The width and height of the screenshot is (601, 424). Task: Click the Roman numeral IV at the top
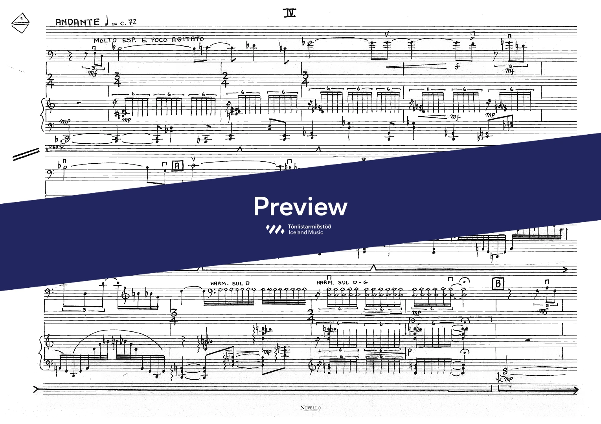coord(290,13)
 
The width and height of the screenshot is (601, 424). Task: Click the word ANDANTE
coord(77,22)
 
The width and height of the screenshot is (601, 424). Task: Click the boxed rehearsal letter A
coord(177,166)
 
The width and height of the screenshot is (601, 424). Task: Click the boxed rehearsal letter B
coord(498,283)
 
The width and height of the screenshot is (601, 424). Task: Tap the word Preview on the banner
coord(300,207)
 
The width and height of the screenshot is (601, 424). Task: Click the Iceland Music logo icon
coord(275,229)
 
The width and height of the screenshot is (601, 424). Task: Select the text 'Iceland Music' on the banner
coord(306,232)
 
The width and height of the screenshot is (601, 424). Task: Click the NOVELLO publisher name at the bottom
coord(310,408)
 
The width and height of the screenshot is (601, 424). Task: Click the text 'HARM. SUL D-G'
coord(342,283)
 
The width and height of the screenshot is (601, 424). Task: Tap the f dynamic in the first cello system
coord(457,67)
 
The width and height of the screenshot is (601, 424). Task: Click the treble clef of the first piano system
coord(50,105)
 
